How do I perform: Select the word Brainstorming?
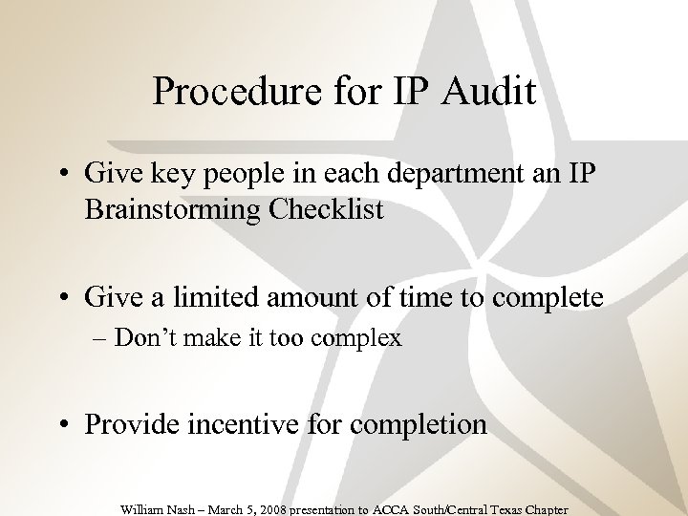[x=176, y=209]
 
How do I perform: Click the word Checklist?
[x=329, y=209]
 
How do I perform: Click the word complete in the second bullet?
[x=548, y=298]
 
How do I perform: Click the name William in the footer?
[x=145, y=509]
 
